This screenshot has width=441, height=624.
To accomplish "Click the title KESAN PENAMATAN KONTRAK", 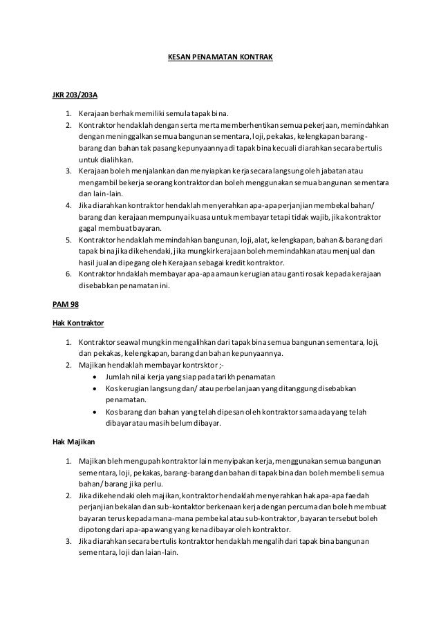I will pyautogui.click(x=220, y=50).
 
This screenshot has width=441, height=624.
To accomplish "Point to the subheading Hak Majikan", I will pyautogui.click(x=73, y=442).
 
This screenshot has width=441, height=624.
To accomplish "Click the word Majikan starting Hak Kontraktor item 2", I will pyautogui.click(x=93, y=363).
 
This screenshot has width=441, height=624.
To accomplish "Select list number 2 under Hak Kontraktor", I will pyautogui.click(x=69, y=363).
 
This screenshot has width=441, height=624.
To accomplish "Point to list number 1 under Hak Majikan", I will pyautogui.click(x=69, y=460).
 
